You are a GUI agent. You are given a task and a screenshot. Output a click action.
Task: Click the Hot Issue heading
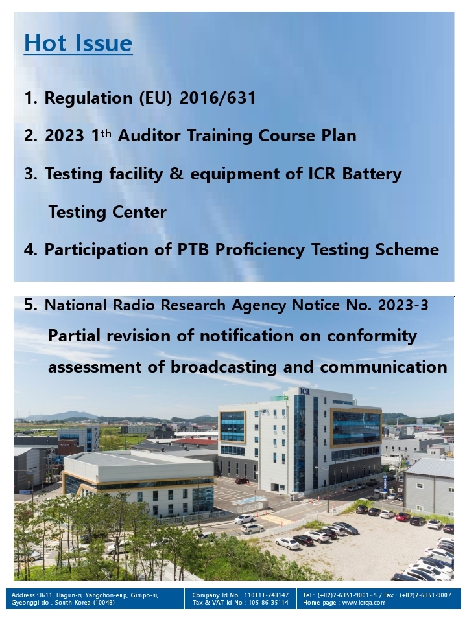[78, 43]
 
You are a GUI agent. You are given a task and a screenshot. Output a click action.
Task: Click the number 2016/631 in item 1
[218, 98]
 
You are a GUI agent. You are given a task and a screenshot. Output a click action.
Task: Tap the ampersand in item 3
[176, 174]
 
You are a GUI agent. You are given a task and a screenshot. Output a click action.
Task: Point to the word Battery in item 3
[372, 174]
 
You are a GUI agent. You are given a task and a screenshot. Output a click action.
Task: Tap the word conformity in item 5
[372, 336]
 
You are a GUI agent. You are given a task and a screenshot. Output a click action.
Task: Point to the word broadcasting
[224, 367]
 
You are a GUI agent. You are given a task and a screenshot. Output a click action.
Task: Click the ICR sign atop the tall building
[305, 391]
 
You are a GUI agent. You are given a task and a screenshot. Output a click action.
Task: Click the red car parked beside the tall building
[242, 481]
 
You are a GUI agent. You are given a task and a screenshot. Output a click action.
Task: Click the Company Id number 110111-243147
[267, 595]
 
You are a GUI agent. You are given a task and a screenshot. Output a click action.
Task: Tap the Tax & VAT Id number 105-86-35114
[269, 602]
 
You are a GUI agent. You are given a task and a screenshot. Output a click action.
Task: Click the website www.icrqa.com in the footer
[364, 602]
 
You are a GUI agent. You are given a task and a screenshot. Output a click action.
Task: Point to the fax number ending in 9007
[425, 595]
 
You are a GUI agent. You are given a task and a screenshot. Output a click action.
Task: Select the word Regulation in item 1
[88, 98]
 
